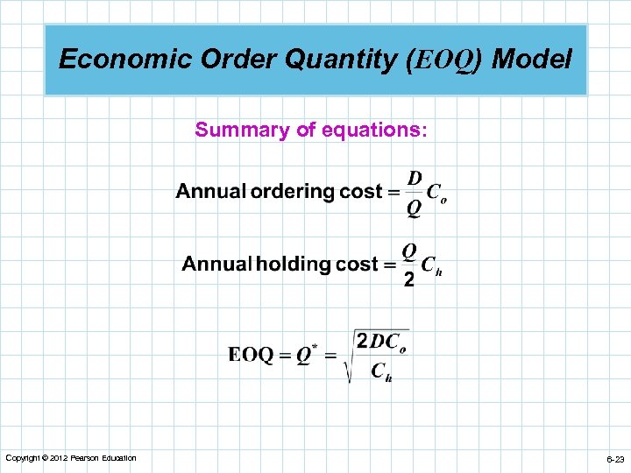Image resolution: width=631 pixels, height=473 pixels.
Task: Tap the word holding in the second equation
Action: point(294,264)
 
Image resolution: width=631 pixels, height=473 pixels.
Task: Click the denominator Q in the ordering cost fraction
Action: point(414,208)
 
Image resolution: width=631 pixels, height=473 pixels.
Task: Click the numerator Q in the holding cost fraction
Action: point(408,251)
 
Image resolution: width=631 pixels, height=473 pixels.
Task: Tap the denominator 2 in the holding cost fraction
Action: point(408,280)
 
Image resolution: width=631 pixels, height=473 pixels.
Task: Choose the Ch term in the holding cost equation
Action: point(431,265)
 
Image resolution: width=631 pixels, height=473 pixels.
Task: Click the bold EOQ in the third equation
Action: point(251,355)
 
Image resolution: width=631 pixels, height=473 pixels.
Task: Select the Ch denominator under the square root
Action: point(381,372)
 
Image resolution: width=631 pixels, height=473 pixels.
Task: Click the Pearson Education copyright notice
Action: point(71,458)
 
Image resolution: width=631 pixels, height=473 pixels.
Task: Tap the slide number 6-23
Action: point(613,459)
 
